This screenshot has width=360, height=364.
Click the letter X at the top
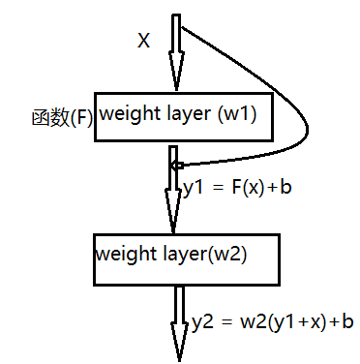(x=144, y=41)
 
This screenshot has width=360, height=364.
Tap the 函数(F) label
(x=60, y=117)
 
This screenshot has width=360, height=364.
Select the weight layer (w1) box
(x=180, y=117)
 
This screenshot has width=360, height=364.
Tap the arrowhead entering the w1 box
(x=175, y=74)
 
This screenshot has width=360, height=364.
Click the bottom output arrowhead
(x=178, y=344)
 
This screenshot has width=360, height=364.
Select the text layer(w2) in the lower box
(x=211, y=255)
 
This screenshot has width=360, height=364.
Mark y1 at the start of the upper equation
(x=192, y=187)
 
